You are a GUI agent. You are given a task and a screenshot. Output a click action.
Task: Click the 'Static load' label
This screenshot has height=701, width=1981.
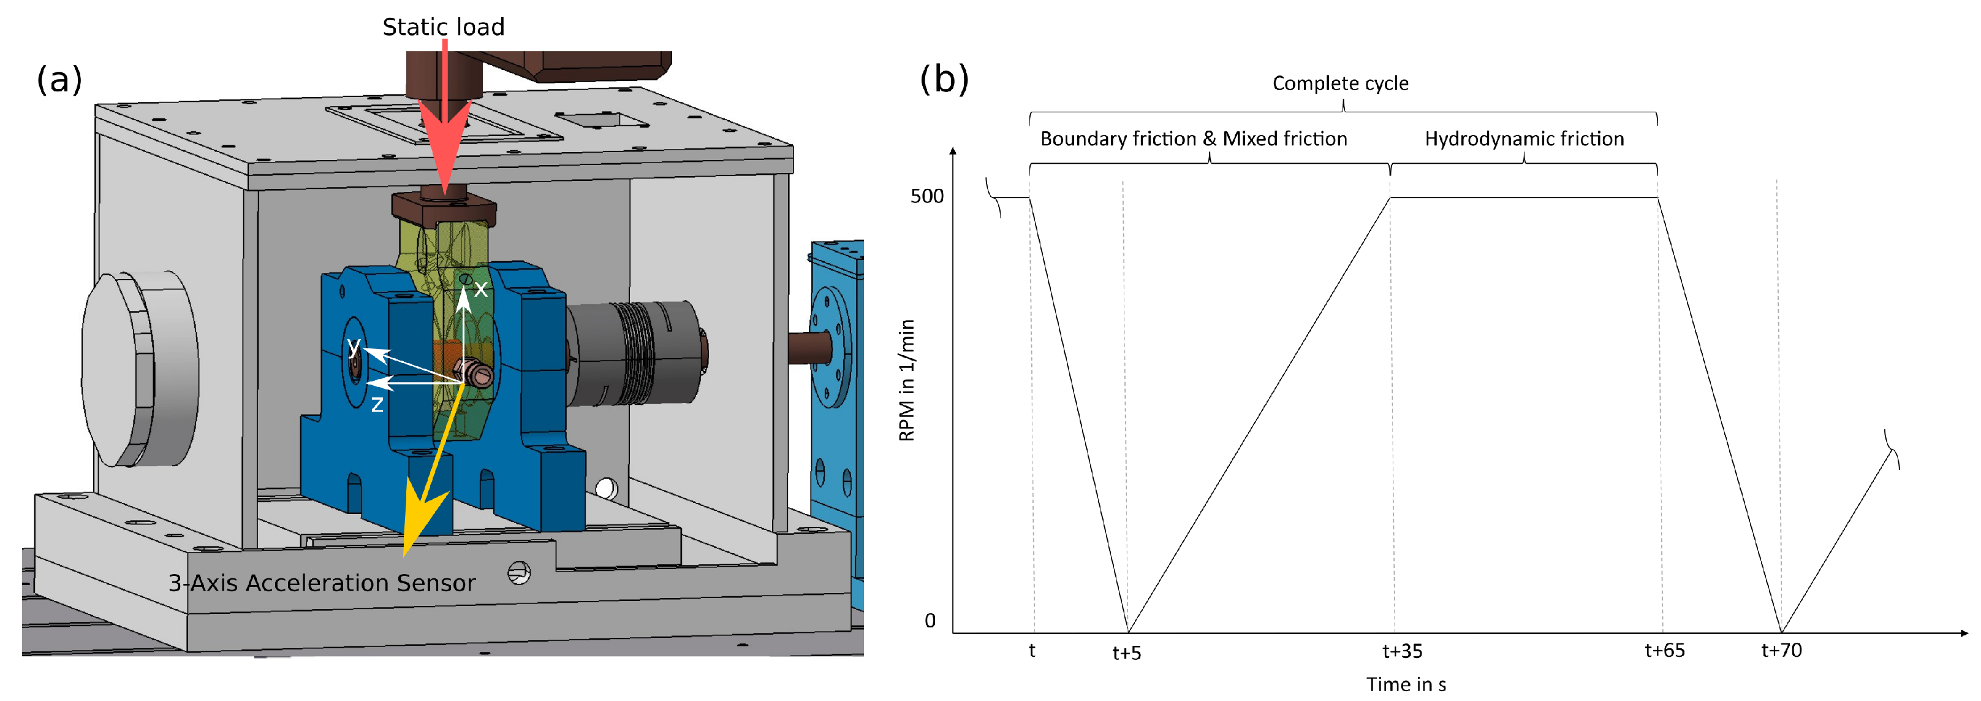click(x=443, y=27)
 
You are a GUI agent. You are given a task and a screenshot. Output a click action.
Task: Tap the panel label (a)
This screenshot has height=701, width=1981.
click(x=59, y=79)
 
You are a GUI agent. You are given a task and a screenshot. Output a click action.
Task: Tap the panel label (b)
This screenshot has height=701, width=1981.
click(x=944, y=79)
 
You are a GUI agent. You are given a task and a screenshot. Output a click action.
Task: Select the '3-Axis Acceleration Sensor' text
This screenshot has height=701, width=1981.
click(x=322, y=583)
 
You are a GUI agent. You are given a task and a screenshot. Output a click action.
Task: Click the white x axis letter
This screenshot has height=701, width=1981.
click(x=480, y=289)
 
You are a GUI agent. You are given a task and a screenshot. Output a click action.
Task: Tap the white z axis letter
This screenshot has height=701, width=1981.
click(x=377, y=405)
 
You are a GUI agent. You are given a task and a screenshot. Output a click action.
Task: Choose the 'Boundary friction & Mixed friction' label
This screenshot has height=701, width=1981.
click(x=1193, y=139)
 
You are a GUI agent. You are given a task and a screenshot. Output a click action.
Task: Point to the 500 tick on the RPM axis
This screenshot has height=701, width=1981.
click(x=926, y=196)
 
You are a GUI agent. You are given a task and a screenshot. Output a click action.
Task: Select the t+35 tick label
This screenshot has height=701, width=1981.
click(x=1401, y=651)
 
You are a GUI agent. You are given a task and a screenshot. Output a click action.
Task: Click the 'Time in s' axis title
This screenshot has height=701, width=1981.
click(x=1405, y=684)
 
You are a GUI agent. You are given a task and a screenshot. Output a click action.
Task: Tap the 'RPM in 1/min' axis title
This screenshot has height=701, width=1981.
click(x=907, y=380)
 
